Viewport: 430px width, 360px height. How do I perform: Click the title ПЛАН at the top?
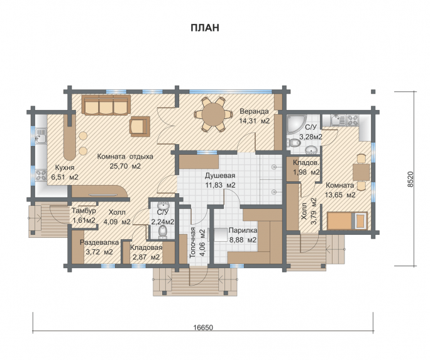tap(205, 28)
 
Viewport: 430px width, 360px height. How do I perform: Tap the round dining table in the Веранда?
tap(213, 114)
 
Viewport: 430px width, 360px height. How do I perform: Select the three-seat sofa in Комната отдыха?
tap(106, 105)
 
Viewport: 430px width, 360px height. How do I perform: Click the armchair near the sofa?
tap(140, 127)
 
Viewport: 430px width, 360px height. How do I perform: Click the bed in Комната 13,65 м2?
tap(347, 220)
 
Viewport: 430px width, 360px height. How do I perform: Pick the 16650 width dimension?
tap(203, 327)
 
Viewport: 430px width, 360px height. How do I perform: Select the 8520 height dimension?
tap(410, 179)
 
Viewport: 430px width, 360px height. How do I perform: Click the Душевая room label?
tap(220, 176)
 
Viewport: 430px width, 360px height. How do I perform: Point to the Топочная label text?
tap(193, 242)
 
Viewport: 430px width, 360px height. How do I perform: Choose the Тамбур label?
tap(84, 211)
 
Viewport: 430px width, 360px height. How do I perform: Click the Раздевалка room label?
tap(99, 242)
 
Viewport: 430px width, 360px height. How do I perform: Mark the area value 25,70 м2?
tap(125, 166)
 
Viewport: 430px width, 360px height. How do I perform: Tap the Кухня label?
tap(65, 167)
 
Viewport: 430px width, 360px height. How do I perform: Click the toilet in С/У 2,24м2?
tap(163, 232)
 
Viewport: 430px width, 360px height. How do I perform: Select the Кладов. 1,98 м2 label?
tap(306, 167)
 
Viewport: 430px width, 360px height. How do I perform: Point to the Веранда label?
tap(254, 111)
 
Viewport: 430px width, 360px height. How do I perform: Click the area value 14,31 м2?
tap(254, 121)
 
